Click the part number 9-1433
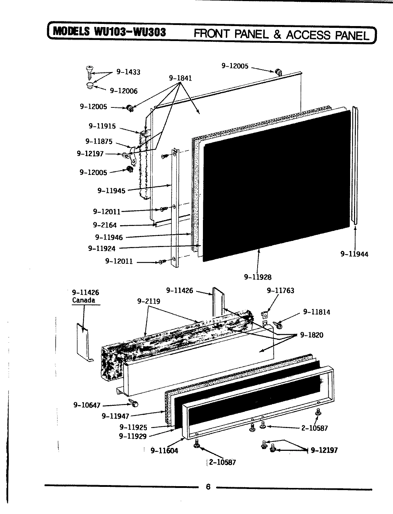pyautogui.click(x=128, y=72)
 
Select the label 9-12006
pyautogui.click(x=123, y=91)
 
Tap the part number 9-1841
pyautogui.click(x=180, y=78)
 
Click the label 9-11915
pyautogui.click(x=102, y=126)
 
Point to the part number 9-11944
pyautogui.click(x=354, y=254)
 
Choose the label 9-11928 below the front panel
pyautogui.click(x=258, y=277)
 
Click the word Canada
pyautogui.click(x=84, y=300)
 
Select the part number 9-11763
pyautogui.click(x=280, y=291)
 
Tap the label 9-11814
pyautogui.click(x=317, y=312)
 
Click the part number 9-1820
pyautogui.click(x=312, y=335)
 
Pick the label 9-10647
pyautogui.click(x=87, y=405)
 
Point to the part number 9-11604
pyautogui.click(x=164, y=450)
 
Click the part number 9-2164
pyautogui.click(x=105, y=225)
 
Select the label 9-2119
pyautogui.click(x=149, y=301)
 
